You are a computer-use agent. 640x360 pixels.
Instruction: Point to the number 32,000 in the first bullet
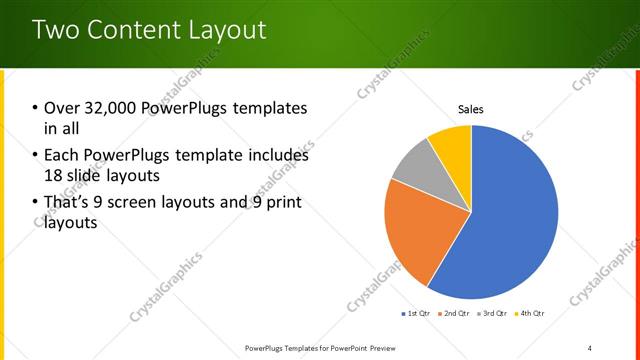tap(116, 108)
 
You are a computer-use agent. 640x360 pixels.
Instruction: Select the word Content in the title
tap(129, 29)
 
